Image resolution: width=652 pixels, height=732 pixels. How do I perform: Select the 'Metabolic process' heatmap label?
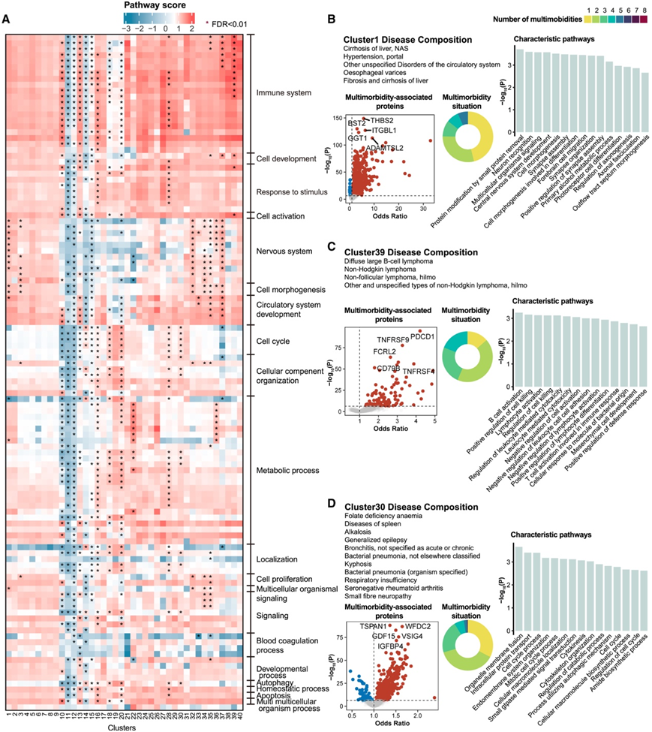(287, 471)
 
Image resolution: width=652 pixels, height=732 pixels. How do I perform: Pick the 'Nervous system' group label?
(284, 251)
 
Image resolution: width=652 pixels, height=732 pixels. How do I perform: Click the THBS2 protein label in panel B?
(383, 120)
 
